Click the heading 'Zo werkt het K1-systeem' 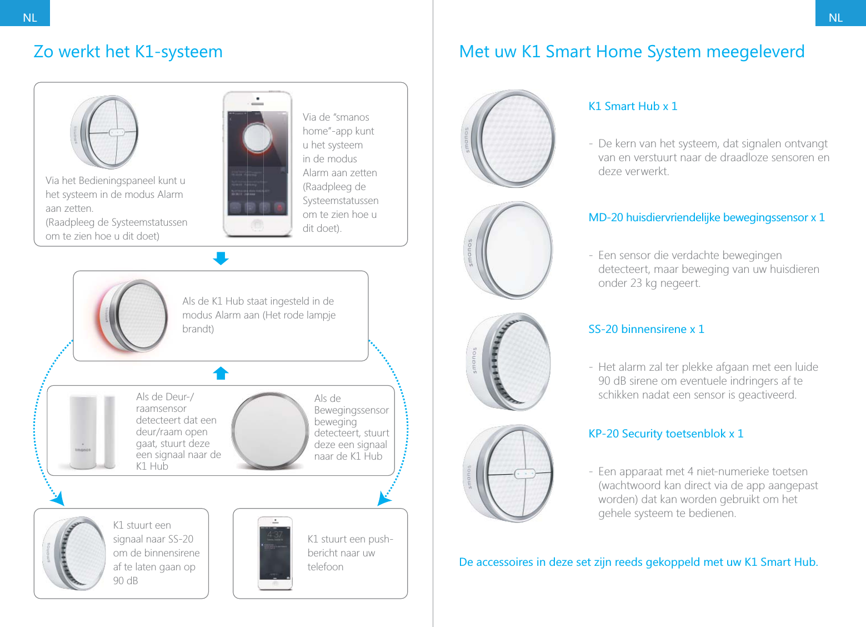128,52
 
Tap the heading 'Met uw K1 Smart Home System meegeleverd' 632,52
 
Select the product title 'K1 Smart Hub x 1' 633,106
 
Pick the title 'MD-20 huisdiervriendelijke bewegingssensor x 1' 706,217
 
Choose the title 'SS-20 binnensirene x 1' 646,329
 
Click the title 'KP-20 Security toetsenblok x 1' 665,434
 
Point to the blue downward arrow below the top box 221,258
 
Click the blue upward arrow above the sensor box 221,373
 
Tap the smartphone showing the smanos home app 257,164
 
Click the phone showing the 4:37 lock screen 275,553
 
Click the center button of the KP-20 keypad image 524,474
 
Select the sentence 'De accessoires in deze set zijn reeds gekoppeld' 638,562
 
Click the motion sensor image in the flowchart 270,431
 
